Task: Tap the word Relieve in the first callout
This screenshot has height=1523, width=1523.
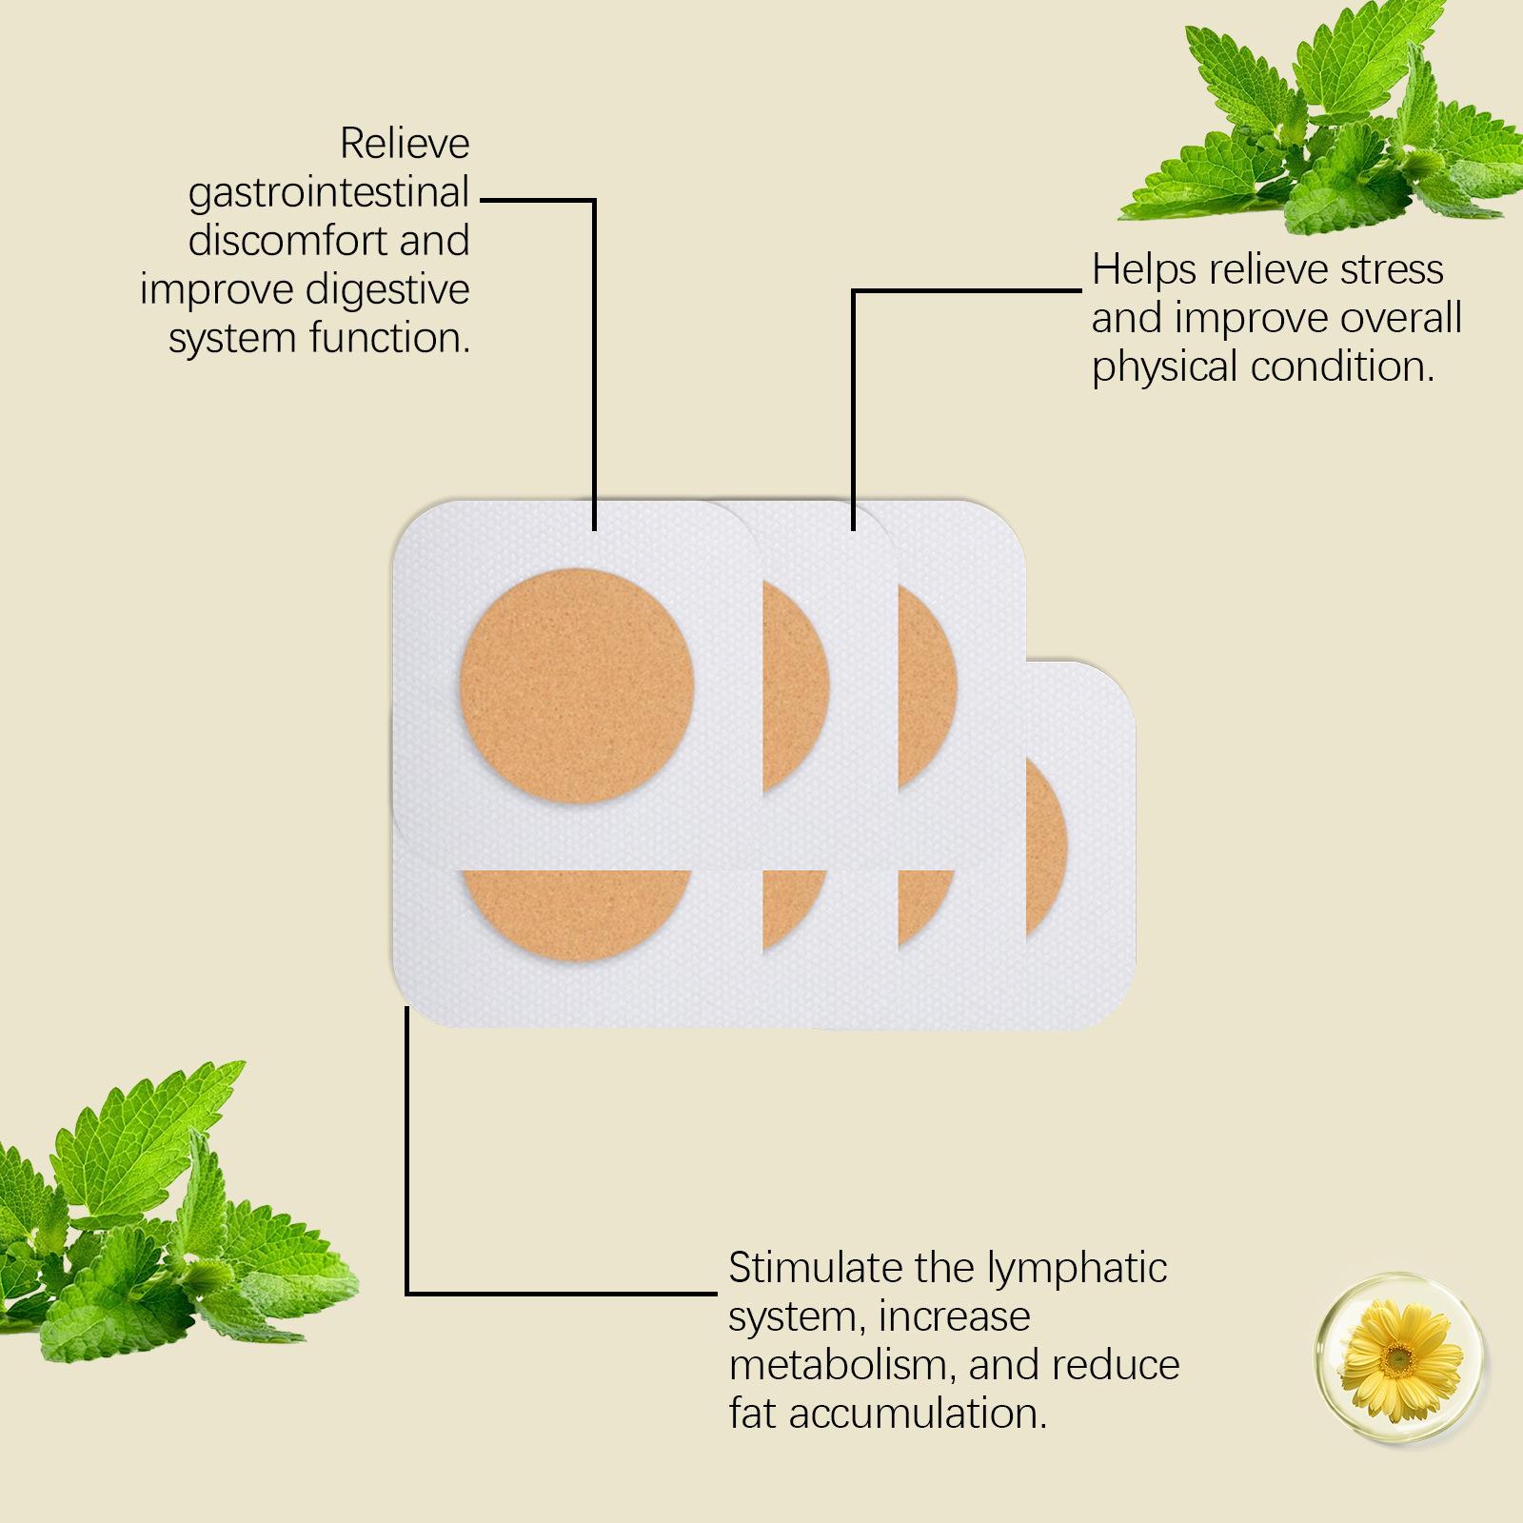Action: click(405, 144)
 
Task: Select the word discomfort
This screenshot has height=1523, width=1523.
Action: click(289, 241)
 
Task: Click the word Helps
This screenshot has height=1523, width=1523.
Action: click(1144, 271)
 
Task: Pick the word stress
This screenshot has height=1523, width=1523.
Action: click(1392, 271)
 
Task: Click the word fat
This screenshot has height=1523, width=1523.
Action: click(753, 1414)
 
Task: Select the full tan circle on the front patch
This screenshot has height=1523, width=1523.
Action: click(577, 686)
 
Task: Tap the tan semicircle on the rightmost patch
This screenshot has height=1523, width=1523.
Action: click(1046, 850)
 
